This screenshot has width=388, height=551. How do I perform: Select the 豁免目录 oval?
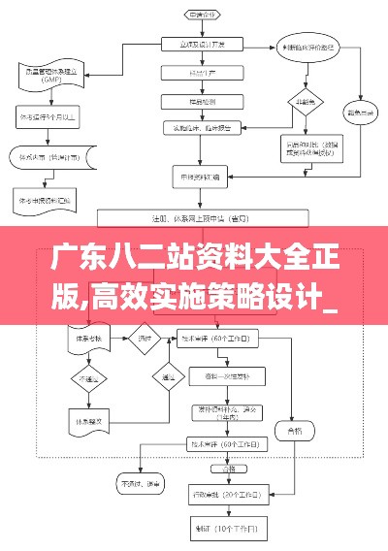[x=365, y=111]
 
